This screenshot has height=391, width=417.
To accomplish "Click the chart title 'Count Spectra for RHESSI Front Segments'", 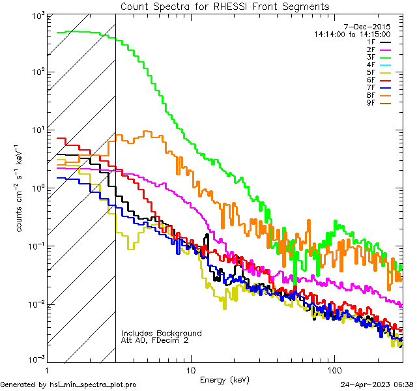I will pos(225,6).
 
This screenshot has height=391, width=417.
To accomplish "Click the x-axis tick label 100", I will pos(334,369).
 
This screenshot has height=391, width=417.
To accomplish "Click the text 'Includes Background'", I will pos(162,333).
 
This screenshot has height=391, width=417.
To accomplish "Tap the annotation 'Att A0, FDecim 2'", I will pos(155,340).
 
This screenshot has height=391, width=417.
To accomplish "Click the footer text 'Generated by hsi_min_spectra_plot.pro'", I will pos(69,384).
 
